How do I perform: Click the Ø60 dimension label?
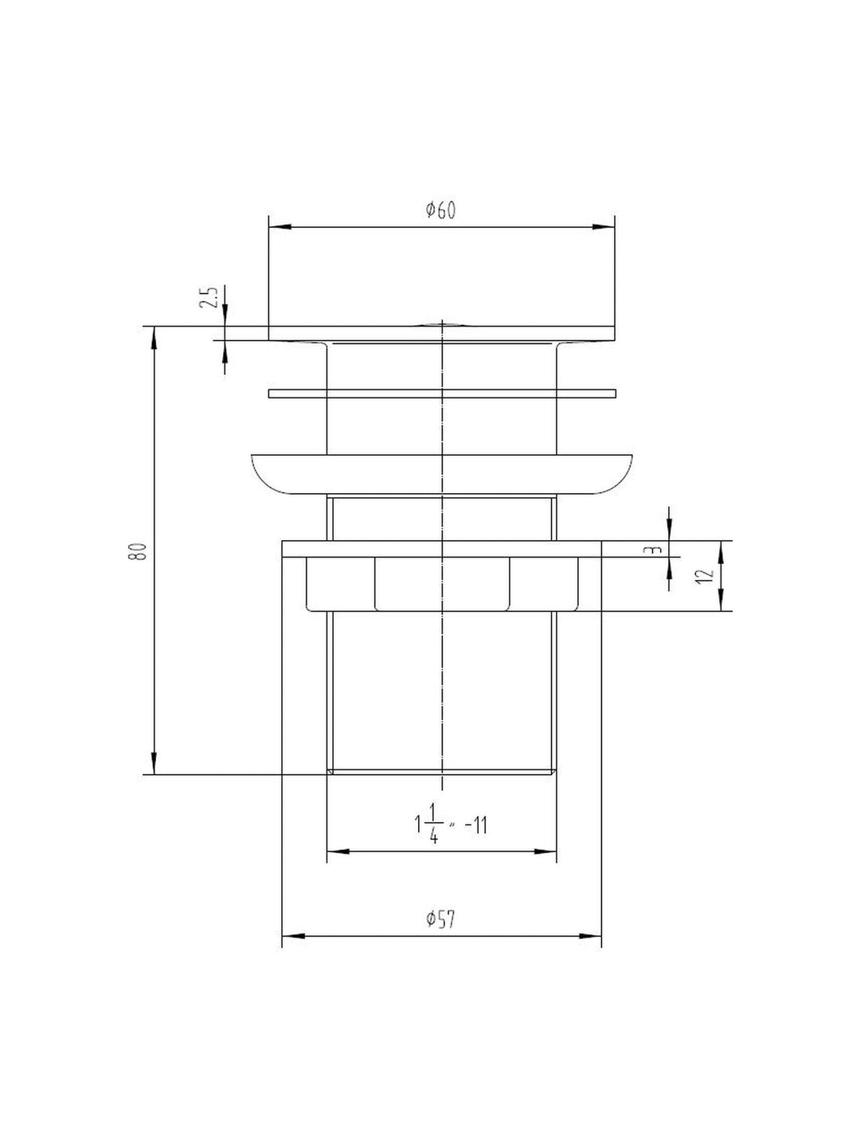click(x=440, y=210)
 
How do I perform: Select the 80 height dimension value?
click(x=137, y=552)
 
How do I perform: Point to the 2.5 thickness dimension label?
click(x=210, y=297)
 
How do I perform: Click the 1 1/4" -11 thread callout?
click(x=450, y=826)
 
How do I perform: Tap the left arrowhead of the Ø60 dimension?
click(x=279, y=227)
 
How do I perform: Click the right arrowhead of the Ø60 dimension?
click(x=604, y=227)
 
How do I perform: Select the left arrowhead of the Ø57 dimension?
click(x=293, y=936)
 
